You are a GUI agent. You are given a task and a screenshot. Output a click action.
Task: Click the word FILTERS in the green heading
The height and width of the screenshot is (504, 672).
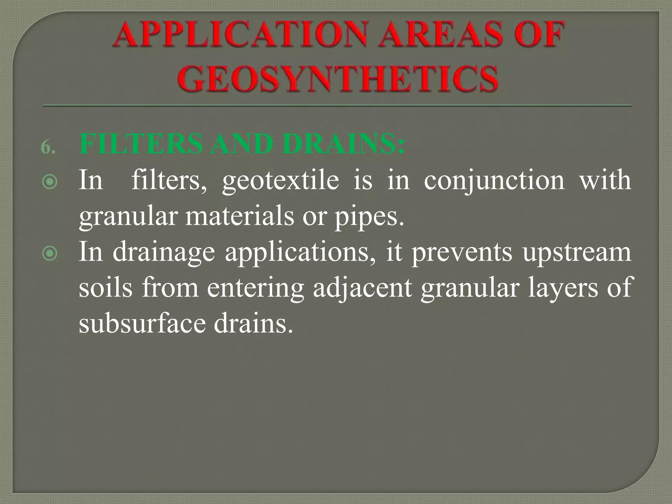pos(141,144)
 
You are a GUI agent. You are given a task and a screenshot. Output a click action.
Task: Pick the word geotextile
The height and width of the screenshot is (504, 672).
pos(281,181)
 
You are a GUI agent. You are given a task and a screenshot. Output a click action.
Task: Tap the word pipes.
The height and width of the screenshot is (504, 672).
pos(369,218)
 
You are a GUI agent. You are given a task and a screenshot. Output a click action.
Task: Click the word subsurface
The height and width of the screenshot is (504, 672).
pos(141,324)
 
